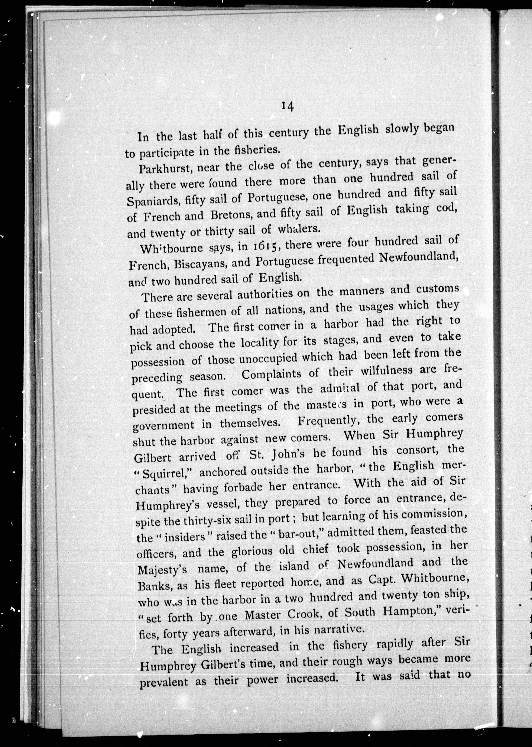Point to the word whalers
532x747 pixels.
point(298,229)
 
